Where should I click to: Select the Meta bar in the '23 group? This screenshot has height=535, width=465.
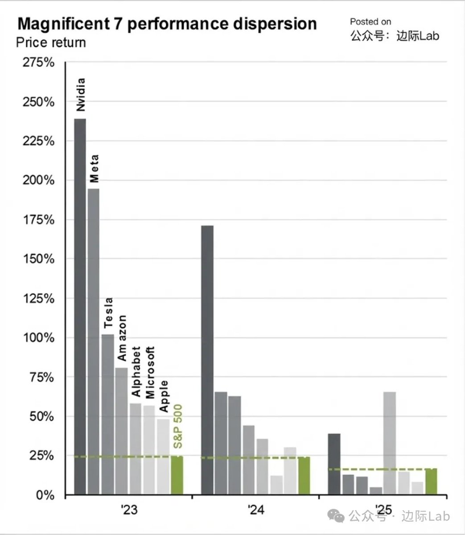pyautogui.click(x=94, y=342)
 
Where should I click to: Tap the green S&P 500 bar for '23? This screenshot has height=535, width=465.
pyautogui.click(x=177, y=475)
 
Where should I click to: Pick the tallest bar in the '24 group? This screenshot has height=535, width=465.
pyautogui.click(x=207, y=360)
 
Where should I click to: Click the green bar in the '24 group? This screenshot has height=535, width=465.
pyautogui.click(x=304, y=476)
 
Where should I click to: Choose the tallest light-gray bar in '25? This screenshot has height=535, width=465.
pyautogui.click(x=389, y=443)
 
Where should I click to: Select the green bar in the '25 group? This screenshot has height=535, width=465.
pyautogui.click(x=431, y=481)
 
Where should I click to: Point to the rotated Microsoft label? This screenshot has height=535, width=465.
pyautogui.click(x=150, y=372)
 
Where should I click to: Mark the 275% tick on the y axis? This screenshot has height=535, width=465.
pyautogui.click(x=38, y=62)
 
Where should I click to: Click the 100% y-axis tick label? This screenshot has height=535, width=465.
pyautogui.click(x=38, y=338)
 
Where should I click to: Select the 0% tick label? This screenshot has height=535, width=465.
pyautogui.click(x=45, y=495)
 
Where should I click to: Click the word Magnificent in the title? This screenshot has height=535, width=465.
pyautogui.click(x=66, y=24)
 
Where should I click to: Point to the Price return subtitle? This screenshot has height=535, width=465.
pyautogui.click(x=51, y=42)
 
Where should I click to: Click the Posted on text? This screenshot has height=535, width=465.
pyautogui.click(x=370, y=21)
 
